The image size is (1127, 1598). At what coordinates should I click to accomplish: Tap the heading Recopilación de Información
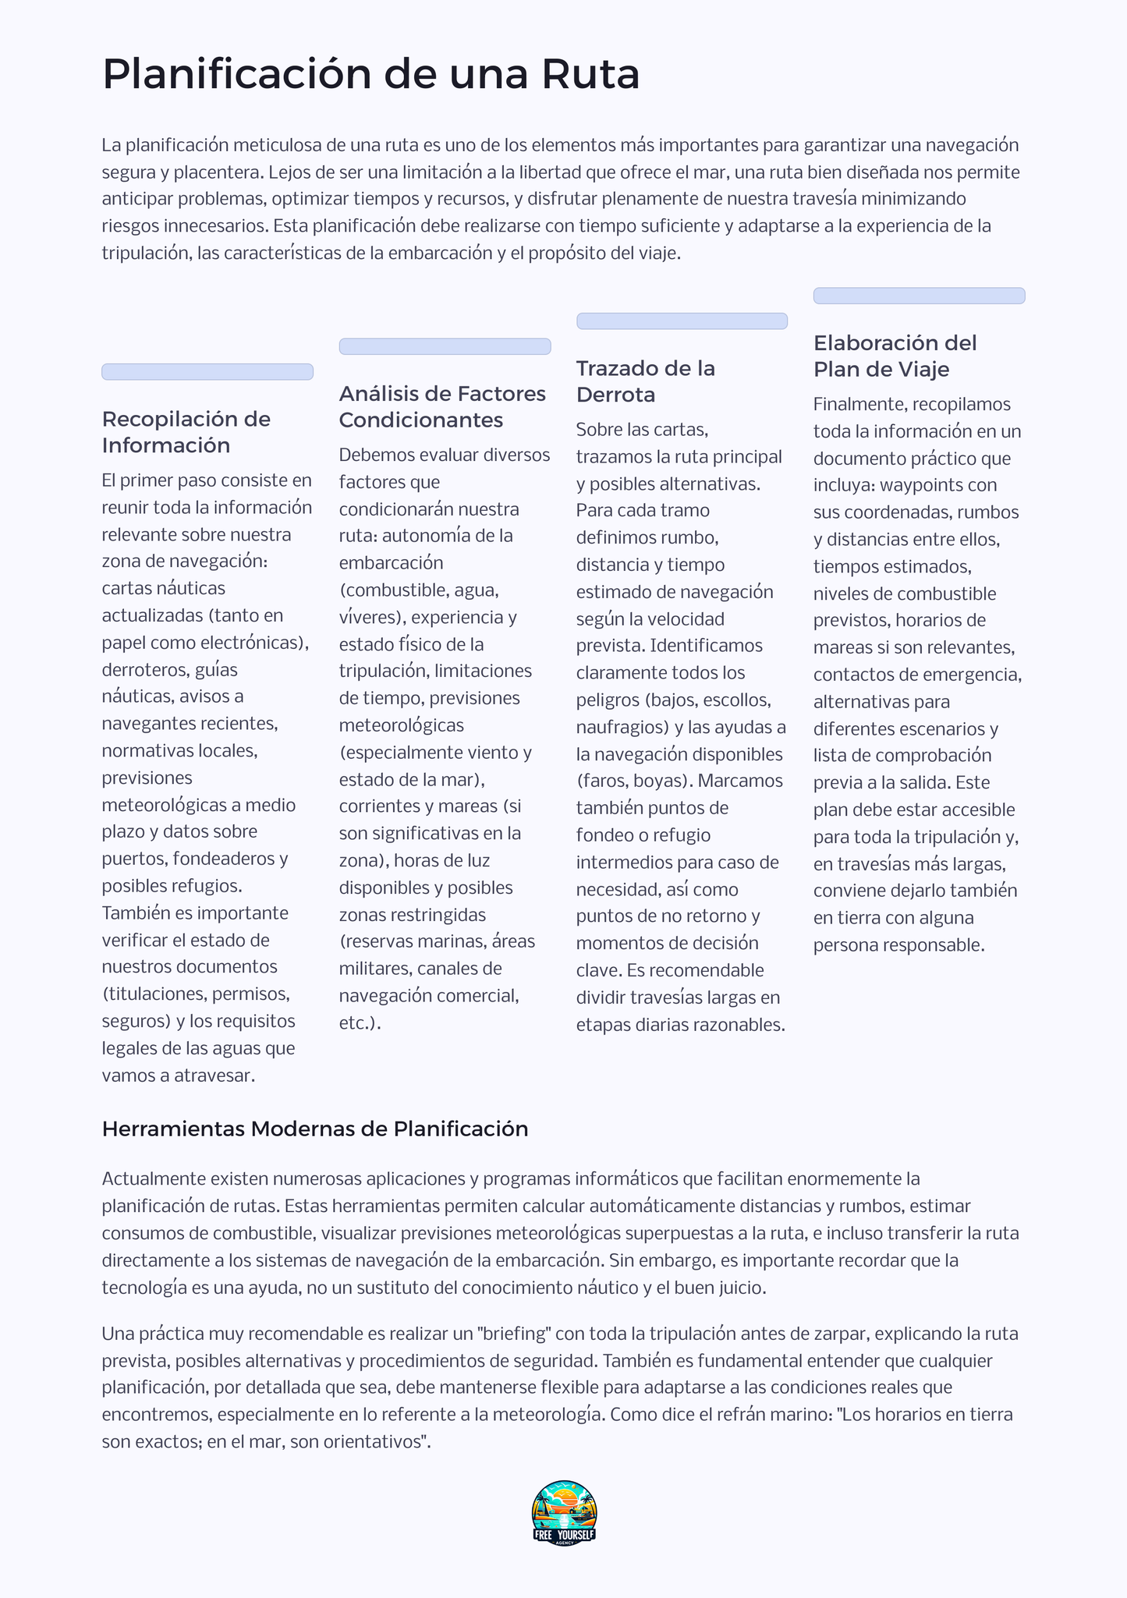coord(186,432)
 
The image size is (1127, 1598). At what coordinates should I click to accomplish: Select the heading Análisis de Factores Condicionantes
coord(442,407)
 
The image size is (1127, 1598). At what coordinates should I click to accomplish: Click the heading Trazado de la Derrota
coord(645,381)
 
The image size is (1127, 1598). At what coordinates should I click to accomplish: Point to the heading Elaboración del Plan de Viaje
coord(895,356)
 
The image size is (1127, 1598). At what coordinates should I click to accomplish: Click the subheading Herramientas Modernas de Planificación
coord(315,1129)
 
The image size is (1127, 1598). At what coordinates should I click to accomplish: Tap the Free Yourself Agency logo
coord(564,1512)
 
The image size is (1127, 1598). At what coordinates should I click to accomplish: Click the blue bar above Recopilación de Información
coord(207,372)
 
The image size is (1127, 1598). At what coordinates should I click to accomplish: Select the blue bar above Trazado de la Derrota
coord(682,321)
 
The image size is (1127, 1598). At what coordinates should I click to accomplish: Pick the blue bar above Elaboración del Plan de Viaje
coord(919,296)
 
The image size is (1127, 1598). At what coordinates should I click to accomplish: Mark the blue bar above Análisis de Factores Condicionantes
coord(445,346)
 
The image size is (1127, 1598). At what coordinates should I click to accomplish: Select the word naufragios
coord(622,727)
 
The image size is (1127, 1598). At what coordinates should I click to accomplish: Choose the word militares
coord(374,968)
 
